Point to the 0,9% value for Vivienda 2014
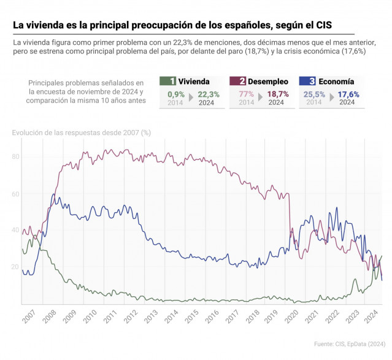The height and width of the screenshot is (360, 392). click(175, 94)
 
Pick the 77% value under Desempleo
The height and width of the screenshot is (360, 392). click(246, 94)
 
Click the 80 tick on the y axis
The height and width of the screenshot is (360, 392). click(17, 156)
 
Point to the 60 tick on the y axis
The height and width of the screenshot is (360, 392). click(17, 193)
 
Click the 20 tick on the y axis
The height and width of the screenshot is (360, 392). click(17, 267)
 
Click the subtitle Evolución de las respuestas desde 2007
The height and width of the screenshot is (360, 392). click(82, 131)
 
